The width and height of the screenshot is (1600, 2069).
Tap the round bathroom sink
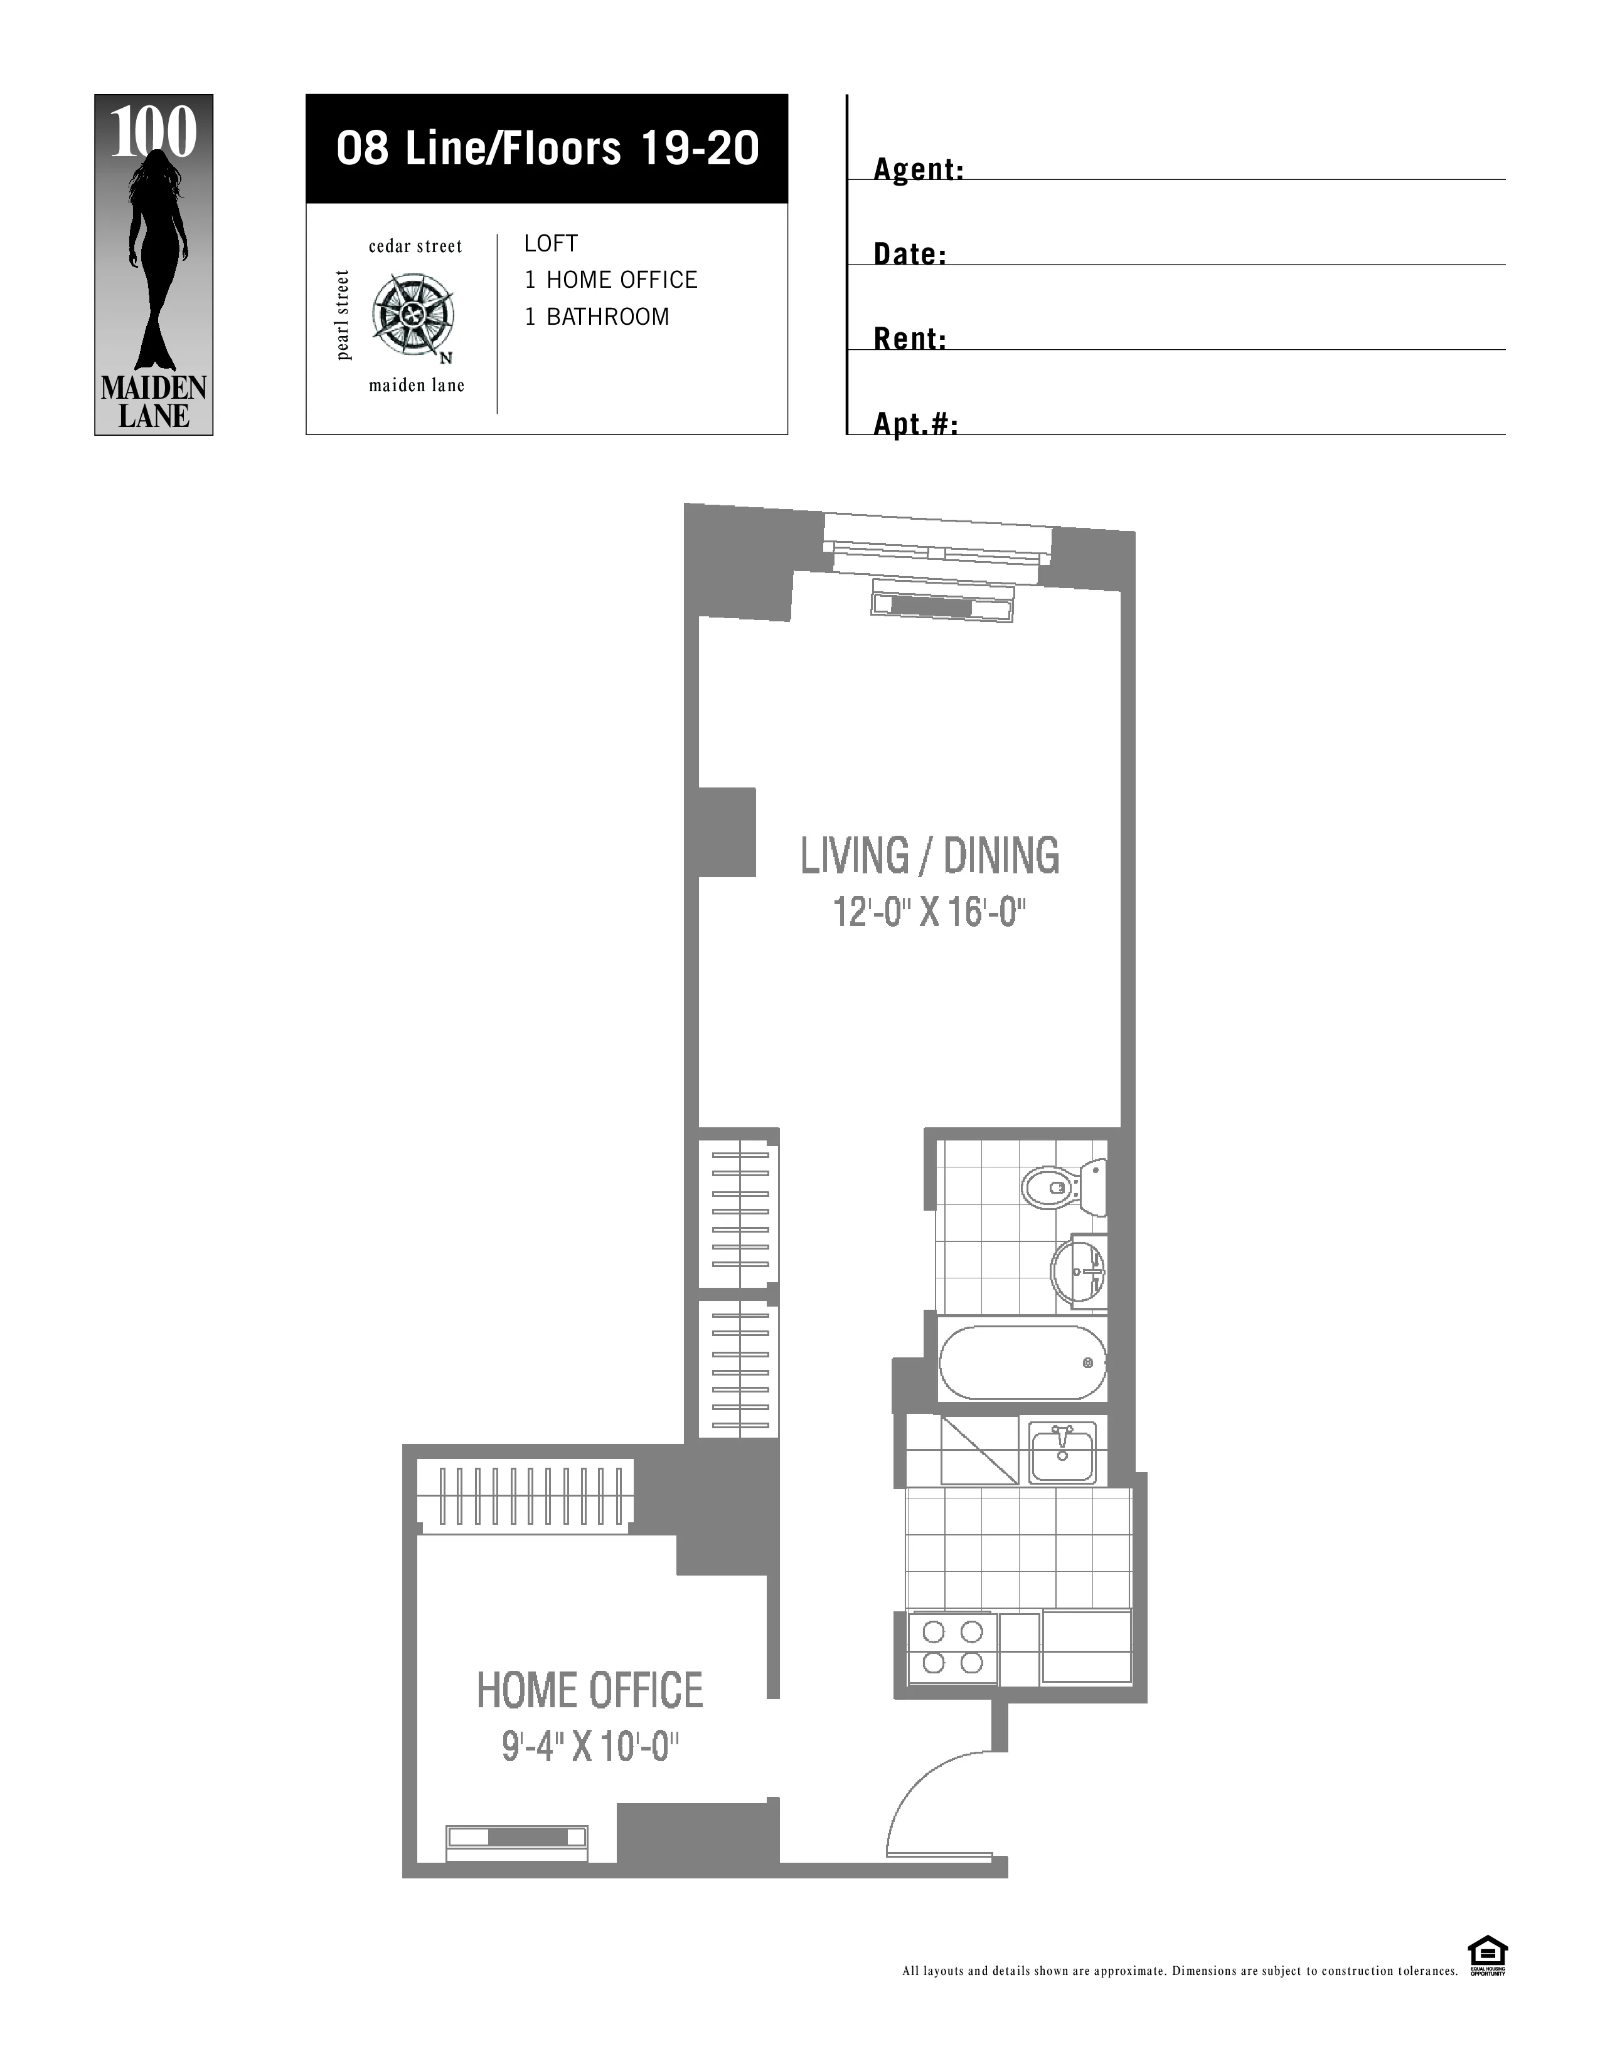click(x=1079, y=1272)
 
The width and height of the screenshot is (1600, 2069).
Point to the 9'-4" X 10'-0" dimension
click(x=590, y=1746)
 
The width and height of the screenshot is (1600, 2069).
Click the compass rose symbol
click(x=412, y=315)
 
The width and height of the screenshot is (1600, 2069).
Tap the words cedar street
click(x=415, y=246)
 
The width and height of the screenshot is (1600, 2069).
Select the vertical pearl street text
click(x=343, y=315)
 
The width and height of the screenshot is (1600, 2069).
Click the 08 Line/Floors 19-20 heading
click(x=547, y=149)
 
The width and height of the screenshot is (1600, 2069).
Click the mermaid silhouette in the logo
click(x=154, y=261)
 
